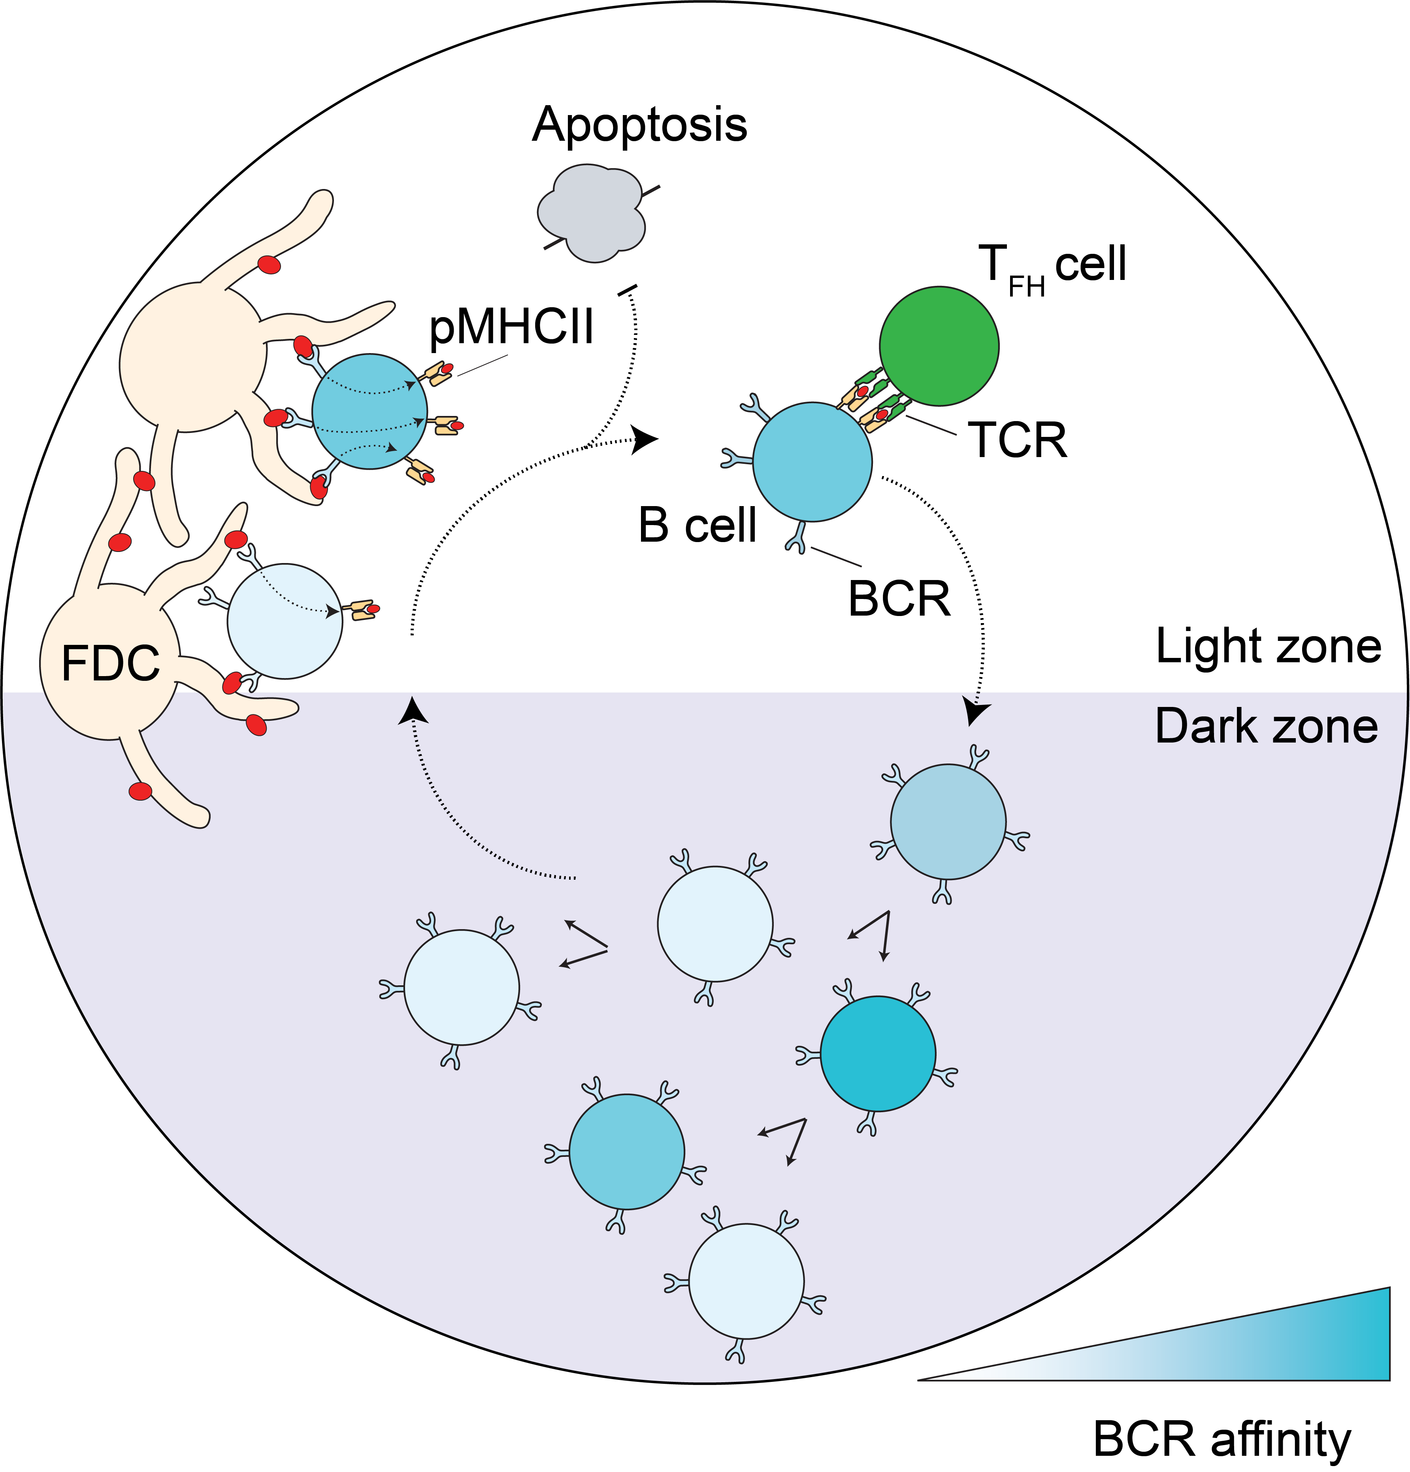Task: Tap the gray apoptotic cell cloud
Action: tap(592, 214)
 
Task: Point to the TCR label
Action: tap(1017, 440)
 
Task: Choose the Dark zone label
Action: tap(1266, 726)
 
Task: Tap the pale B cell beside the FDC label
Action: tap(285, 621)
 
